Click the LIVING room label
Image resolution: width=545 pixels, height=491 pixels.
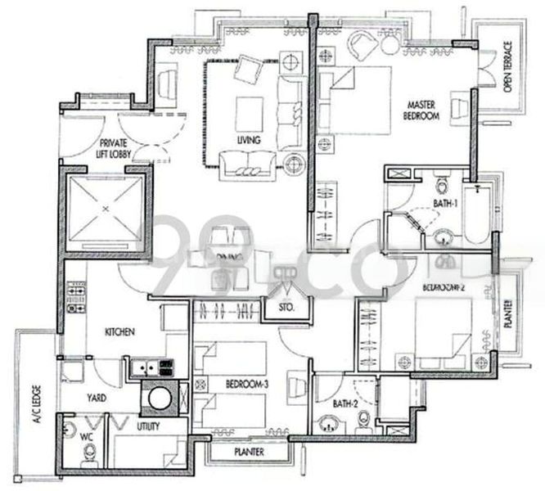248,141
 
